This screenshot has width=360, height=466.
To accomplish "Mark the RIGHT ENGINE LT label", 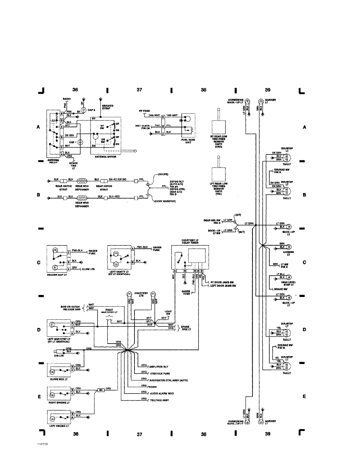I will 58,402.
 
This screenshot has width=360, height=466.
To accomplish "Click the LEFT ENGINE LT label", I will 59,425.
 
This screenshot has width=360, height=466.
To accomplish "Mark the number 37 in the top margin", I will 139,90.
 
